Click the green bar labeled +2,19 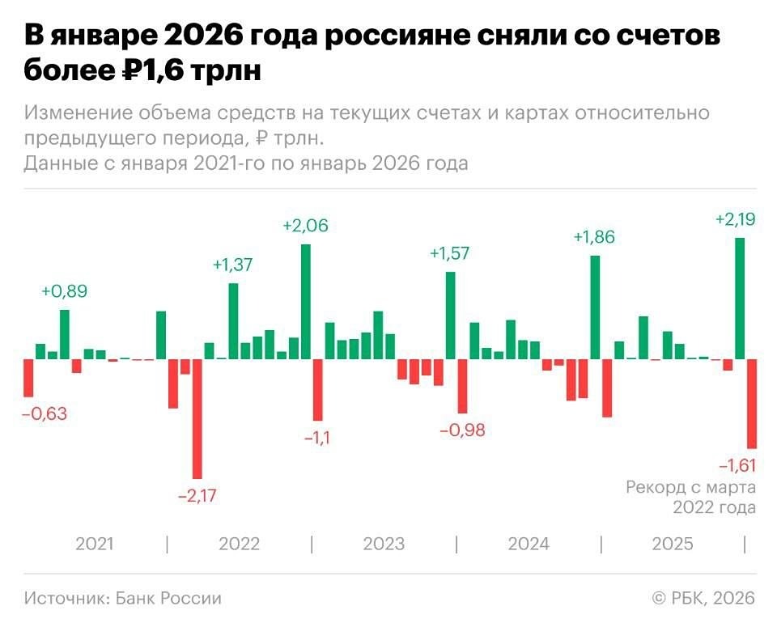tap(740, 299)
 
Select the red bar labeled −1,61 tap(752, 403)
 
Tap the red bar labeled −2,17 tap(197, 418)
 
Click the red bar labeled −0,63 tap(28, 378)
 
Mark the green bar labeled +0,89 tap(64, 334)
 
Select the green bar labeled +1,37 tap(233, 320)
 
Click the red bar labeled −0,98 tap(462, 386)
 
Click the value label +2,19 tap(736, 219)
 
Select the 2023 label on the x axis tap(384, 544)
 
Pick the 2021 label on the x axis tap(95, 544)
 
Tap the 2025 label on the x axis tap(673, 544)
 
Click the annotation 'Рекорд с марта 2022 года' tap(690, 498)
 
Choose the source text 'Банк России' tap(168, 599)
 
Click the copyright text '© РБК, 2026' tap(703, 599)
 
